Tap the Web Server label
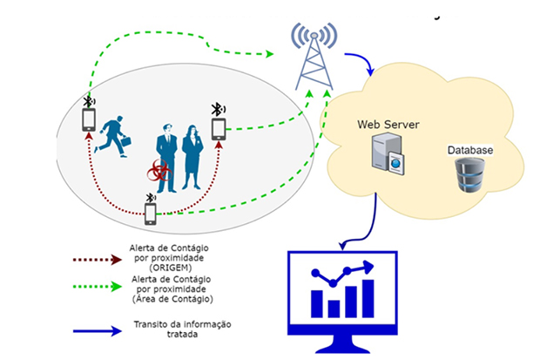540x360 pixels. click(x=388, y=125)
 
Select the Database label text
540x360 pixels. click(x=470, y=151)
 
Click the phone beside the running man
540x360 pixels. click(x=88, y=119)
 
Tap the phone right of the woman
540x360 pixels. click(x=219, y=130)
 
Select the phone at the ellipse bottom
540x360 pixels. click(x=151, y=212)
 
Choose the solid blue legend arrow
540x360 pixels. click(x=98, y=331)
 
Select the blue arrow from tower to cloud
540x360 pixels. click(x=361, y=63)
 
